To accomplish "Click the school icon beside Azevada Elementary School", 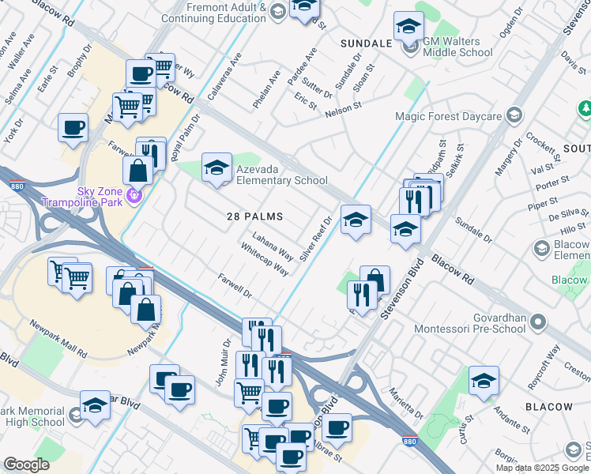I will [x=216, y=167].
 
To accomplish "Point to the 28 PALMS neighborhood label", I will [x=254, y=216].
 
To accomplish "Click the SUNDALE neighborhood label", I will [x=366, y=43].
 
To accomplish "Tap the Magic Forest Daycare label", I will [x=460, y=116].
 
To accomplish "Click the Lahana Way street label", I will [x=273, y=246].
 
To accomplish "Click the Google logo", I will [x=27, y=465].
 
